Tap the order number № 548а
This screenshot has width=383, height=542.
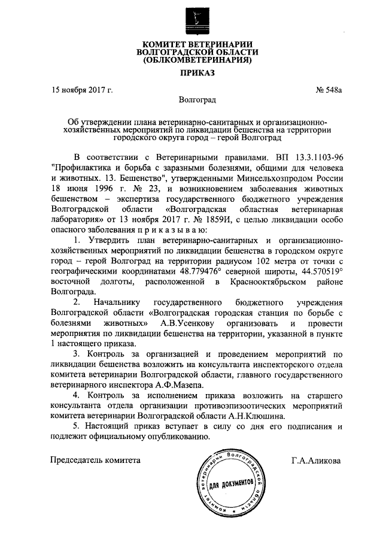click(x=329, y=90)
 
